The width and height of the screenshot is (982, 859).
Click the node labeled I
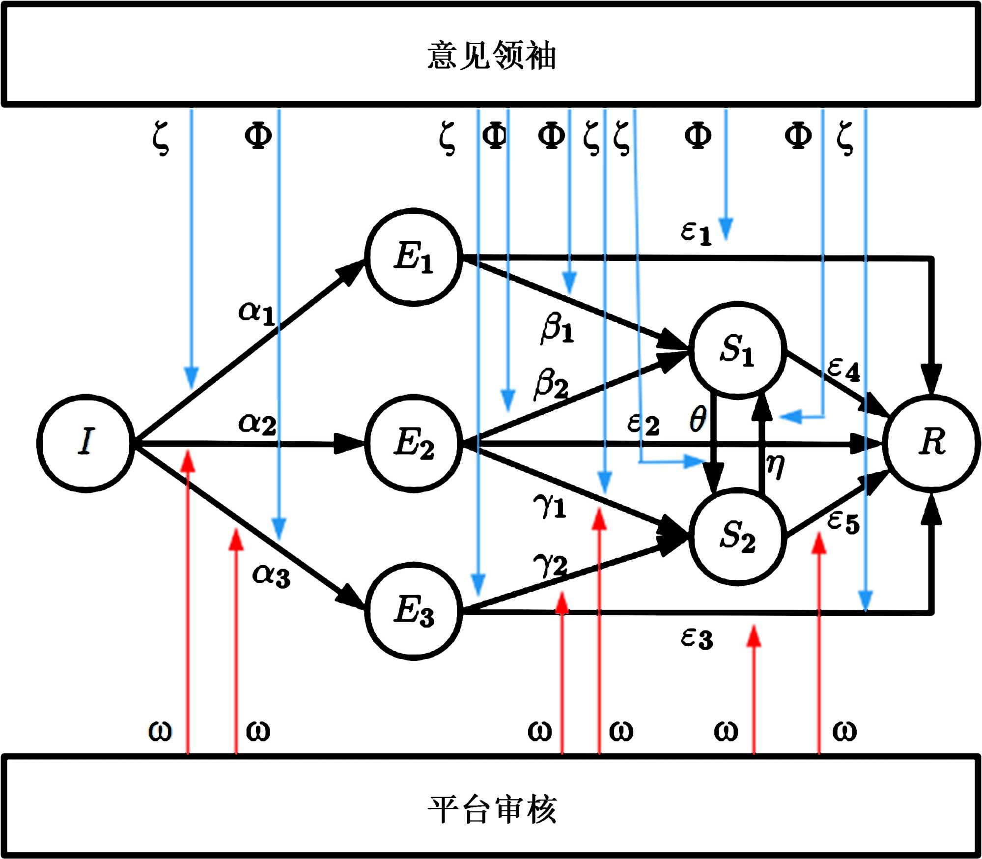click(86, 443)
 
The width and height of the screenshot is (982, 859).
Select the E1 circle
click(414, 257)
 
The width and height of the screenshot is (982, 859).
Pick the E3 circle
click(414, 610)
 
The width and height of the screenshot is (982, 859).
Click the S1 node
click(737, 349)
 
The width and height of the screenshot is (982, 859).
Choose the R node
click(932, 443)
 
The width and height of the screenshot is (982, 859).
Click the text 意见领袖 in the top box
click(491, 55)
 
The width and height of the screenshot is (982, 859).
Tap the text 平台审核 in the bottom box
click(491, 809)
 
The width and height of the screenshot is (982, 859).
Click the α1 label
click(256, 313)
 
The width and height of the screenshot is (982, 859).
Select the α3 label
click(271, 575)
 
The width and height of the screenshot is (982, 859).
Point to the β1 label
click(557, 328)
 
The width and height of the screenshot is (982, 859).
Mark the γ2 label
click(550, 565)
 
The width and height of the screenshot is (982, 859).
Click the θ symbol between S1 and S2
click(698, 419)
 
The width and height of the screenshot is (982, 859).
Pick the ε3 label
click(697, 639)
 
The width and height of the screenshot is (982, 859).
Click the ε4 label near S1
click(843, 369)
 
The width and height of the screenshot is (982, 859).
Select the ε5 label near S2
click(843, 522)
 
